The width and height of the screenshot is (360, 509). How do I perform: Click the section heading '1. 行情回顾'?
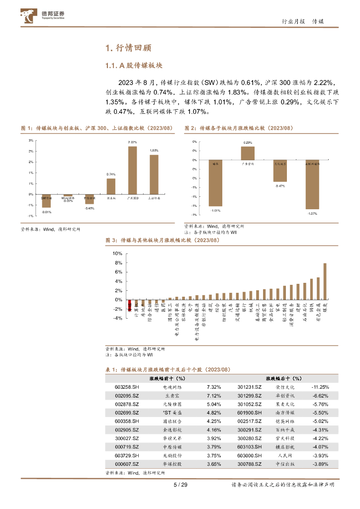[x=128, y=48]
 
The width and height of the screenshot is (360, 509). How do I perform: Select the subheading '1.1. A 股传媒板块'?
[x=134, y=66]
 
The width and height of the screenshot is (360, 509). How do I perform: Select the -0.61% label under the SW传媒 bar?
[x=47, y=212]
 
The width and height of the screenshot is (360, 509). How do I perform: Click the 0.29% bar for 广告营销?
[x=248, y=154]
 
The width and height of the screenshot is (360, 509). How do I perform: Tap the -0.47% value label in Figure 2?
[x=280, y=186]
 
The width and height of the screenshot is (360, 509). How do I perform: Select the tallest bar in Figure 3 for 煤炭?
[x=325, y=281]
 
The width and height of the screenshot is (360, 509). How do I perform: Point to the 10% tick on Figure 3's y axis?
[x=117, y=254]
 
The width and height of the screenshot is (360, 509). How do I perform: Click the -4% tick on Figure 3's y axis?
[x=117, y=319]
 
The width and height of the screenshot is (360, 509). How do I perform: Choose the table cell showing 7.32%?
[x=214, y=387]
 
